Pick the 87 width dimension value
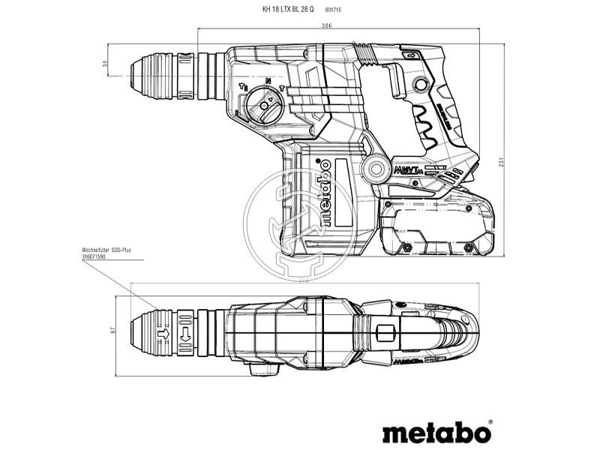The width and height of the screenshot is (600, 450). pos(114,330)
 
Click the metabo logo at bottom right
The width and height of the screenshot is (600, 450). pos(437,433)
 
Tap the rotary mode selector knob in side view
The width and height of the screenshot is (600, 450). pos(262,104)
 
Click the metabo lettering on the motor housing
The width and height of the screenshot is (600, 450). pos(324,193)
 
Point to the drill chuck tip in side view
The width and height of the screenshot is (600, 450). pos(136,76)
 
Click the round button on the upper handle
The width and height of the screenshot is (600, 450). pos(421,85)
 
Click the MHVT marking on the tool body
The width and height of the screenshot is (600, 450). pos(407,170)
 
